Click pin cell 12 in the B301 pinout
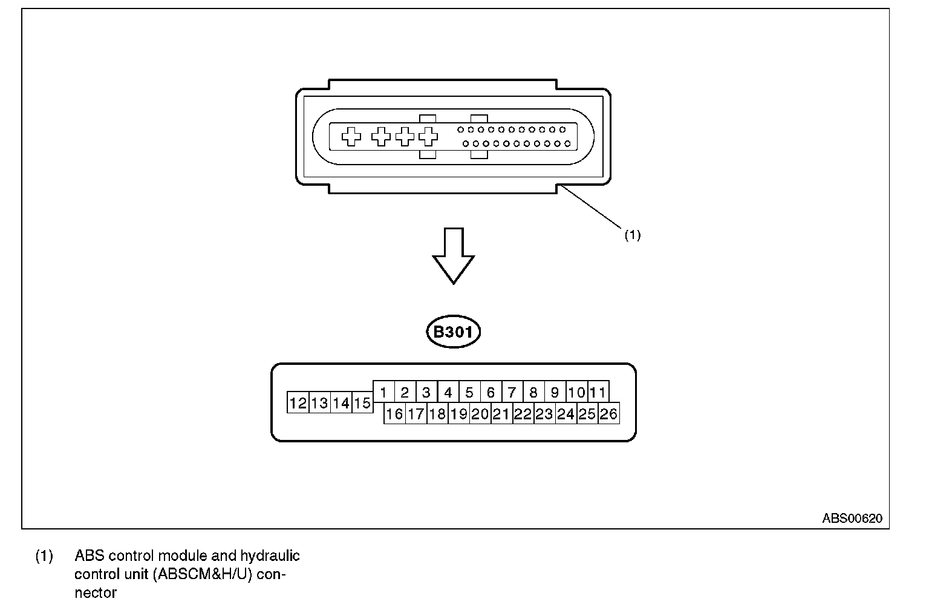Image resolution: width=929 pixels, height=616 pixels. point(298,403)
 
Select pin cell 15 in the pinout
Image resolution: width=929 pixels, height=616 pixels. point(362,403)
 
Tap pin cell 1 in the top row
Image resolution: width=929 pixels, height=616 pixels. point(383,392)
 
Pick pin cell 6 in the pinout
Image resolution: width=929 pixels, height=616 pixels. point(491,392)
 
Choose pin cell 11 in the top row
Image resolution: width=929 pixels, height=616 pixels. point(598,392)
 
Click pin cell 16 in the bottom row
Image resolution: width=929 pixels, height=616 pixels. point(394,414)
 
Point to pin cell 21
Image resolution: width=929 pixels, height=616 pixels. point(501,414)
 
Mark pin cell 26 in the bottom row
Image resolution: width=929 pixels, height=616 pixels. point(608,414)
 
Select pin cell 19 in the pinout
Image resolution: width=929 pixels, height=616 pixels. point(458,414)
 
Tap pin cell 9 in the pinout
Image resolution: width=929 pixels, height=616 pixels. point(555,392)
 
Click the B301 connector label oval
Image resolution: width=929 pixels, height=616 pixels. point(454,332)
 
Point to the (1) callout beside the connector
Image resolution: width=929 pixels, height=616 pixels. point(632,235)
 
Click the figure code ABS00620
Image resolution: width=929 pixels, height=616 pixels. point(852,519)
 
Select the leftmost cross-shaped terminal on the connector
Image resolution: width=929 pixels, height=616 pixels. point(351,137)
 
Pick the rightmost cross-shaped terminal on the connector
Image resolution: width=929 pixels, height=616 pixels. point(428,137)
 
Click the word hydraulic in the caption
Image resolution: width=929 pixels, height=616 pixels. point(270,555)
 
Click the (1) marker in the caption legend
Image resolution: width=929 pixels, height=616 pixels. point(44,555)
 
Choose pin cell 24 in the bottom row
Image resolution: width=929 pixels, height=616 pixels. point(566,414)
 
